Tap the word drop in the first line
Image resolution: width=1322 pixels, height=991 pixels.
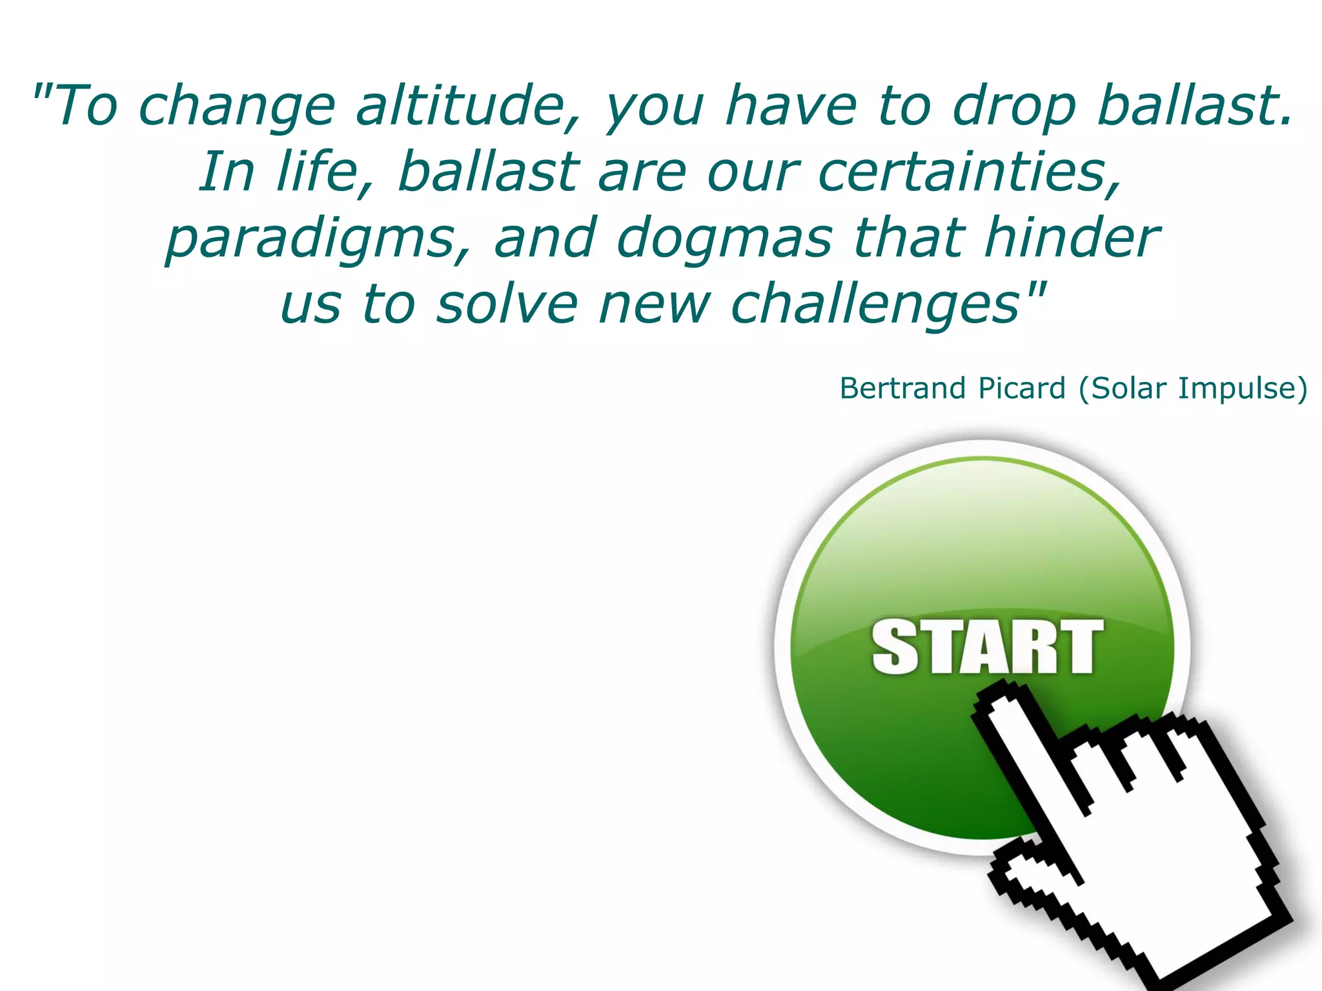[x=1014, y=106]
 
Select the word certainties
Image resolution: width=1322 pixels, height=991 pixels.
[x=969, y=172]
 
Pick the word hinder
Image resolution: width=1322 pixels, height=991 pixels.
[x=1072, y=237]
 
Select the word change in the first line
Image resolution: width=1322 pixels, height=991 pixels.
[x=237, y=106]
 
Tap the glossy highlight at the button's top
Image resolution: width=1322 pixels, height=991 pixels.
[x=982, y=529]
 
